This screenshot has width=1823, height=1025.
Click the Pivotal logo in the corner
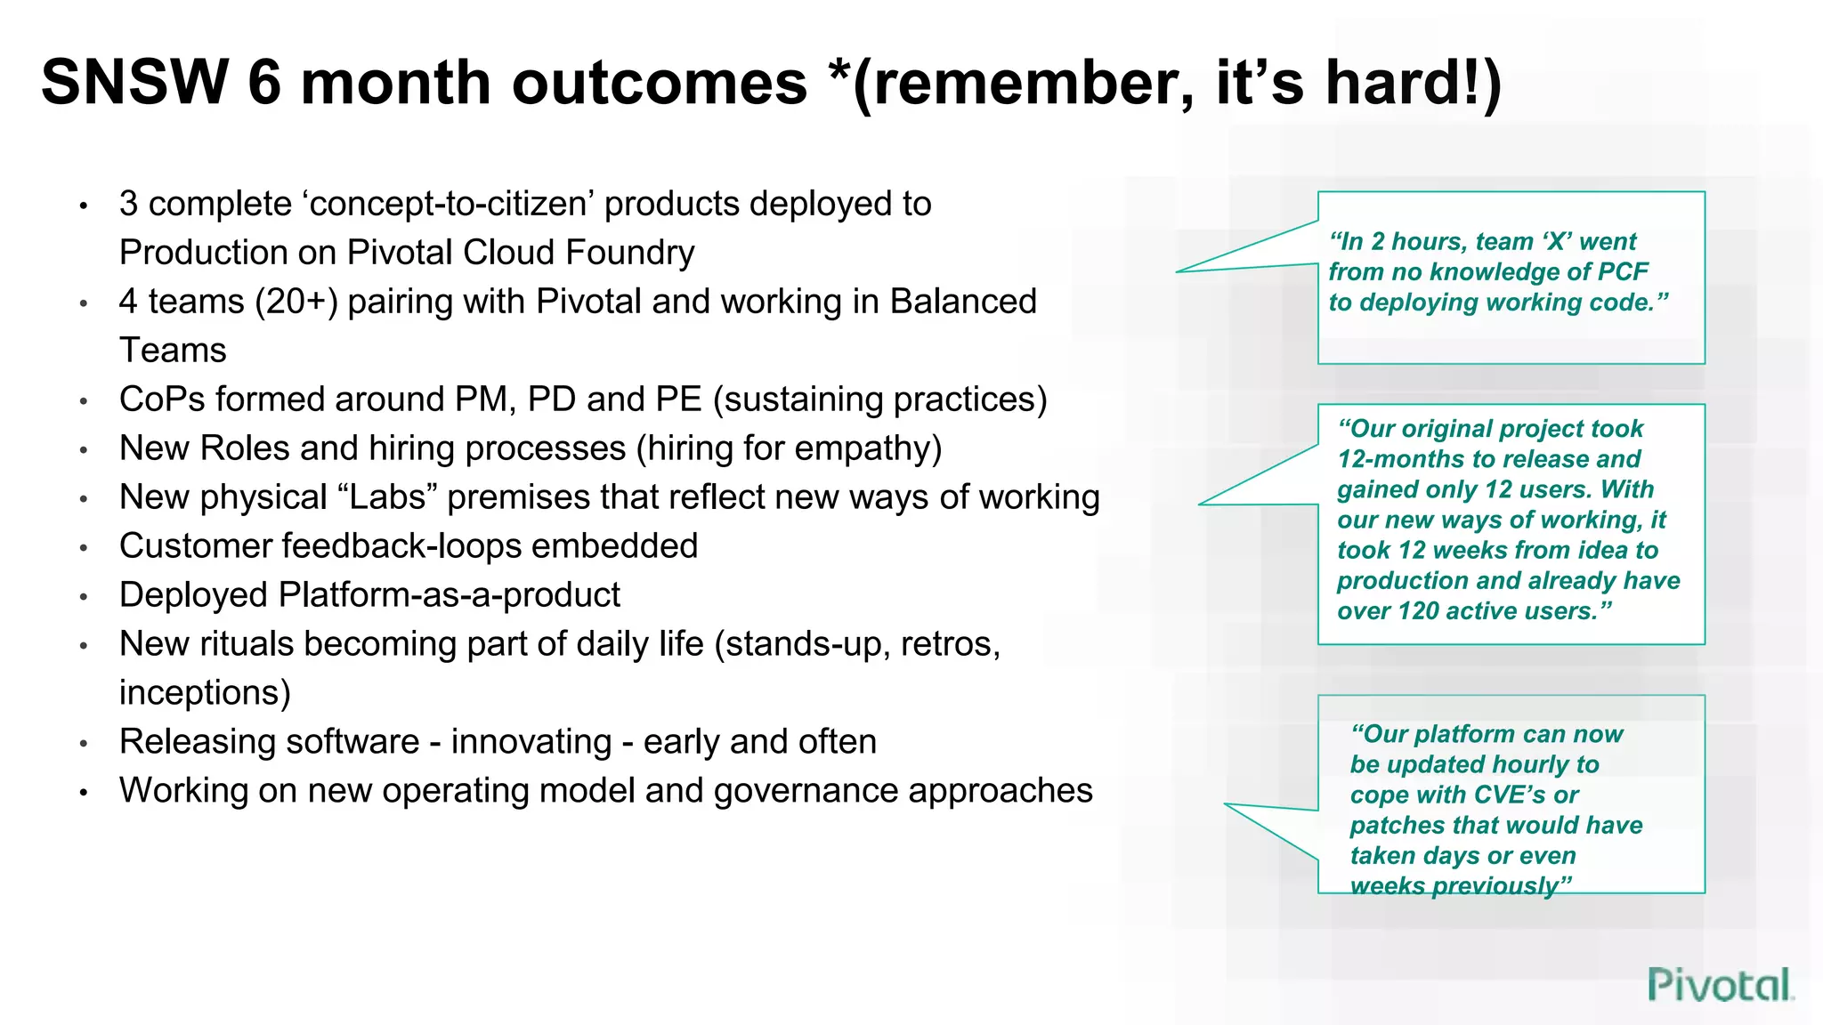(x=1719, y=985)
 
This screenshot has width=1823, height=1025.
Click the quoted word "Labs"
(x=387, y=497)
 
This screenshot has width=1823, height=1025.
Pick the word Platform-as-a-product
(x=450, y=595)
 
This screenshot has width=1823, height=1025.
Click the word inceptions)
(x=205, y=693)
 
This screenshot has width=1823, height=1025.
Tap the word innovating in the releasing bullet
(x=531, y=742)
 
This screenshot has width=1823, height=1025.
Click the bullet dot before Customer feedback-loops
(x=84, y=548)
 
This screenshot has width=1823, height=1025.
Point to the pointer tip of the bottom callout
(x=1227, y=804)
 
